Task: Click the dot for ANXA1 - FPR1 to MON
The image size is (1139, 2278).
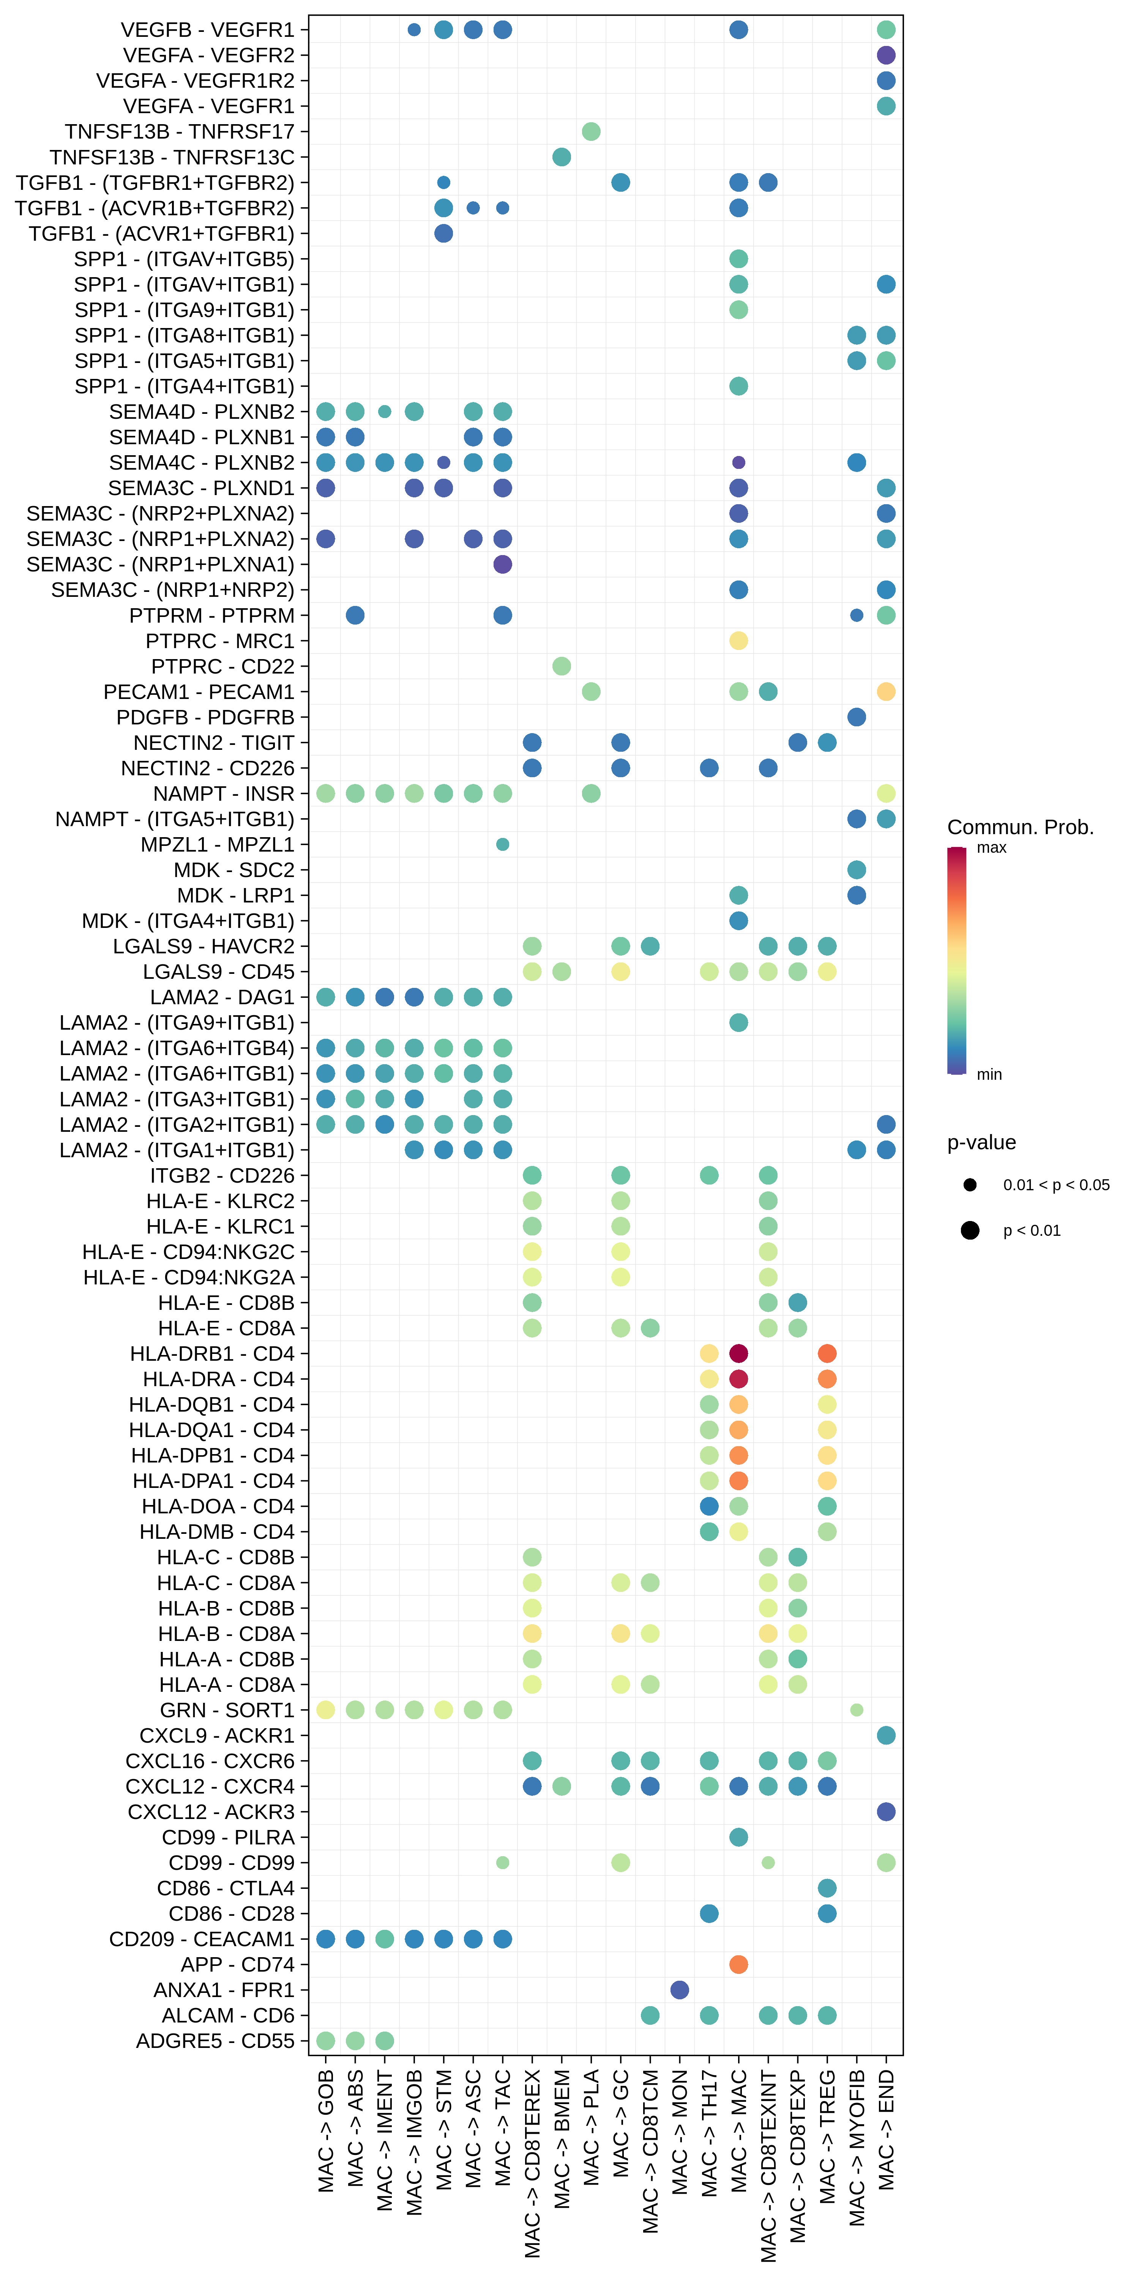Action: click(679, 1990)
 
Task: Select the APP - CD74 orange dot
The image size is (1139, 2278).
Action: click(738, 1964)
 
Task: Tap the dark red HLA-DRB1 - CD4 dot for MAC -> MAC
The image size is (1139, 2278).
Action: click(738, 1353)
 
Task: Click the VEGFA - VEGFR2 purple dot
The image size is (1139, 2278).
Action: click(886, 55)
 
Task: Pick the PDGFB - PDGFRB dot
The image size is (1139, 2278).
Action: click(856, 717)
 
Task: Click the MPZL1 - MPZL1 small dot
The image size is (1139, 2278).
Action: click(502, 844)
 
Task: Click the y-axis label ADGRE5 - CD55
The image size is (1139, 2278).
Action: click(215, 2041)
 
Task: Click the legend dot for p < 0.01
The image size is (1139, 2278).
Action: click(970, 1230)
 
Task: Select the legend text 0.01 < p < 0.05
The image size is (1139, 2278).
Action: click(1056, 1185)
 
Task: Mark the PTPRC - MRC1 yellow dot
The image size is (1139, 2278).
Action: click(738, 640)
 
